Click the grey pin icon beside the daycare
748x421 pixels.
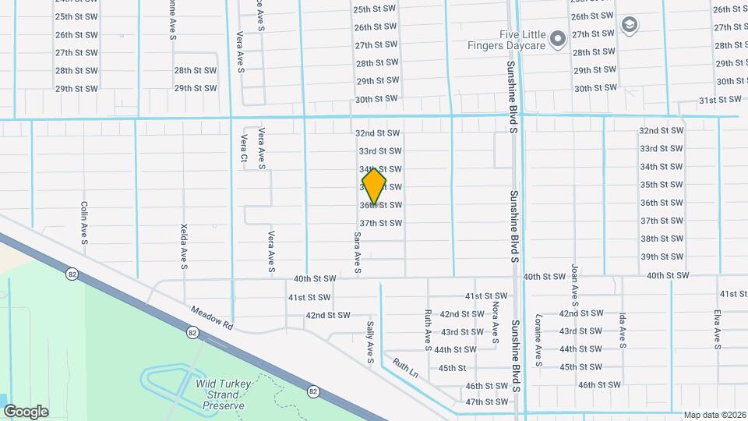557,38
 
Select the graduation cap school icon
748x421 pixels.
628,26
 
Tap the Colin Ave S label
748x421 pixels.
84,223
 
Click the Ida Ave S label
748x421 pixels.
623,336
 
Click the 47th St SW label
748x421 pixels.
486,402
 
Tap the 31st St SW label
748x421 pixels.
718,101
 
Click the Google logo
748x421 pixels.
26,411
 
